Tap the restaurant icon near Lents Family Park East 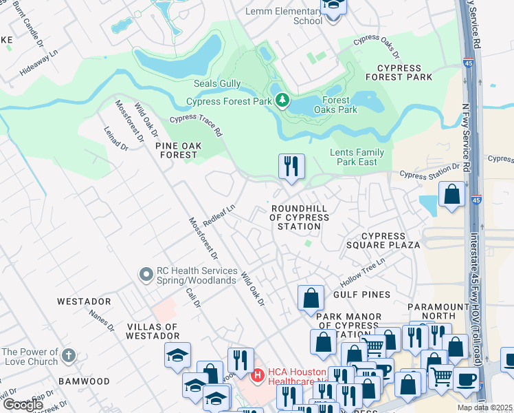coord(291,167)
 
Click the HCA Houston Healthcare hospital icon coord(258,375)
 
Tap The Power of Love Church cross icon coord(67,356)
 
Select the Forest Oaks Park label coord(335,104)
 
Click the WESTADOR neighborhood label coord(84,301)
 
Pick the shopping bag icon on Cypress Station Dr coord(452,195)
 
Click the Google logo coord(23,404)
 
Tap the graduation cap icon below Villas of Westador coord(177,355)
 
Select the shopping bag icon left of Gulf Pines coord(311,298)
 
